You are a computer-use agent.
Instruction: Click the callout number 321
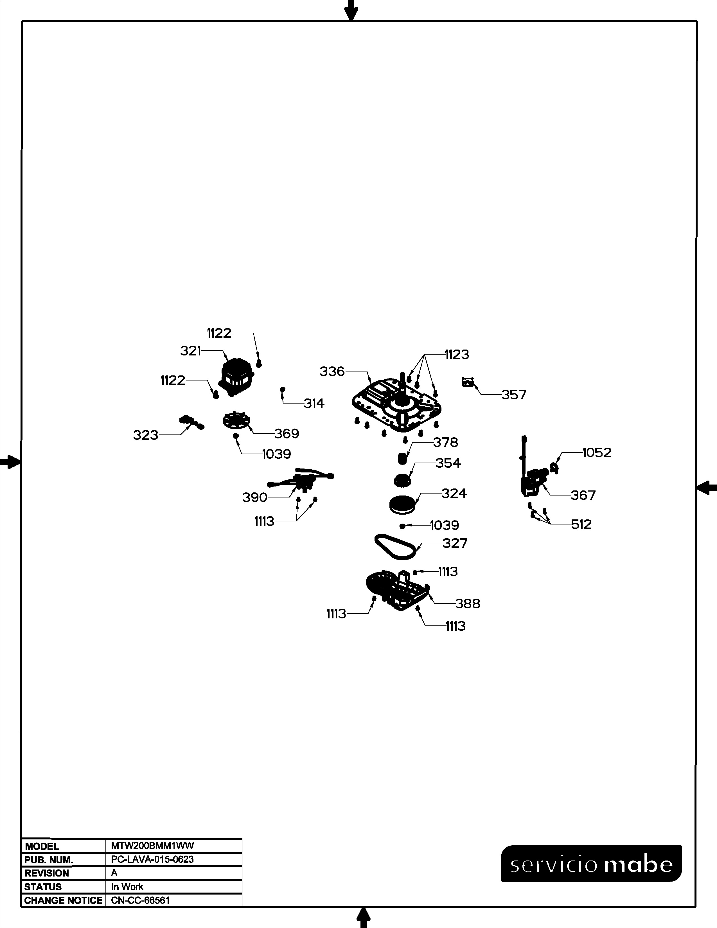190,351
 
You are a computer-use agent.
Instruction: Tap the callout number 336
332,371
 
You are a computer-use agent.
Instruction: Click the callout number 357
514,395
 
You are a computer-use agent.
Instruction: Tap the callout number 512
581,524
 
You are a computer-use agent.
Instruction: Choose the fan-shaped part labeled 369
236,421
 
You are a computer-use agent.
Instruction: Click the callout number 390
254,497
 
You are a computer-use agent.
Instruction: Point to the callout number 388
468,603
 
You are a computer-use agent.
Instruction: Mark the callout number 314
314,403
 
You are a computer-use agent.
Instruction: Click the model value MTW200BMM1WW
152,846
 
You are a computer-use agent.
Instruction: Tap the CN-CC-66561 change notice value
140,900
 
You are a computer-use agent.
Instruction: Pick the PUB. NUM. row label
49,860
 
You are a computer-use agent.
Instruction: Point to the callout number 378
446,442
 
